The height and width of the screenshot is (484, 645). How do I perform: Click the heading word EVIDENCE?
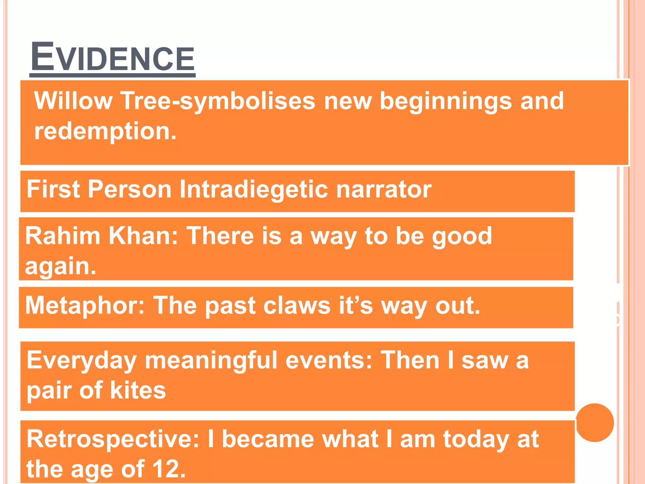[113, 58]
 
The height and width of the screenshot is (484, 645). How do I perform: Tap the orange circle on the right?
[595, 423]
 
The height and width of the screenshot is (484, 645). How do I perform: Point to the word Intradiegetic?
[254, 189]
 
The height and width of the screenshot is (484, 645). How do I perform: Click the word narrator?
[384, 190]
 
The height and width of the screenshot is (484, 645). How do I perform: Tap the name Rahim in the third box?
[63, 236]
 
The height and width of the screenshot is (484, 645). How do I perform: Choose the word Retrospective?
[113, 440]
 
